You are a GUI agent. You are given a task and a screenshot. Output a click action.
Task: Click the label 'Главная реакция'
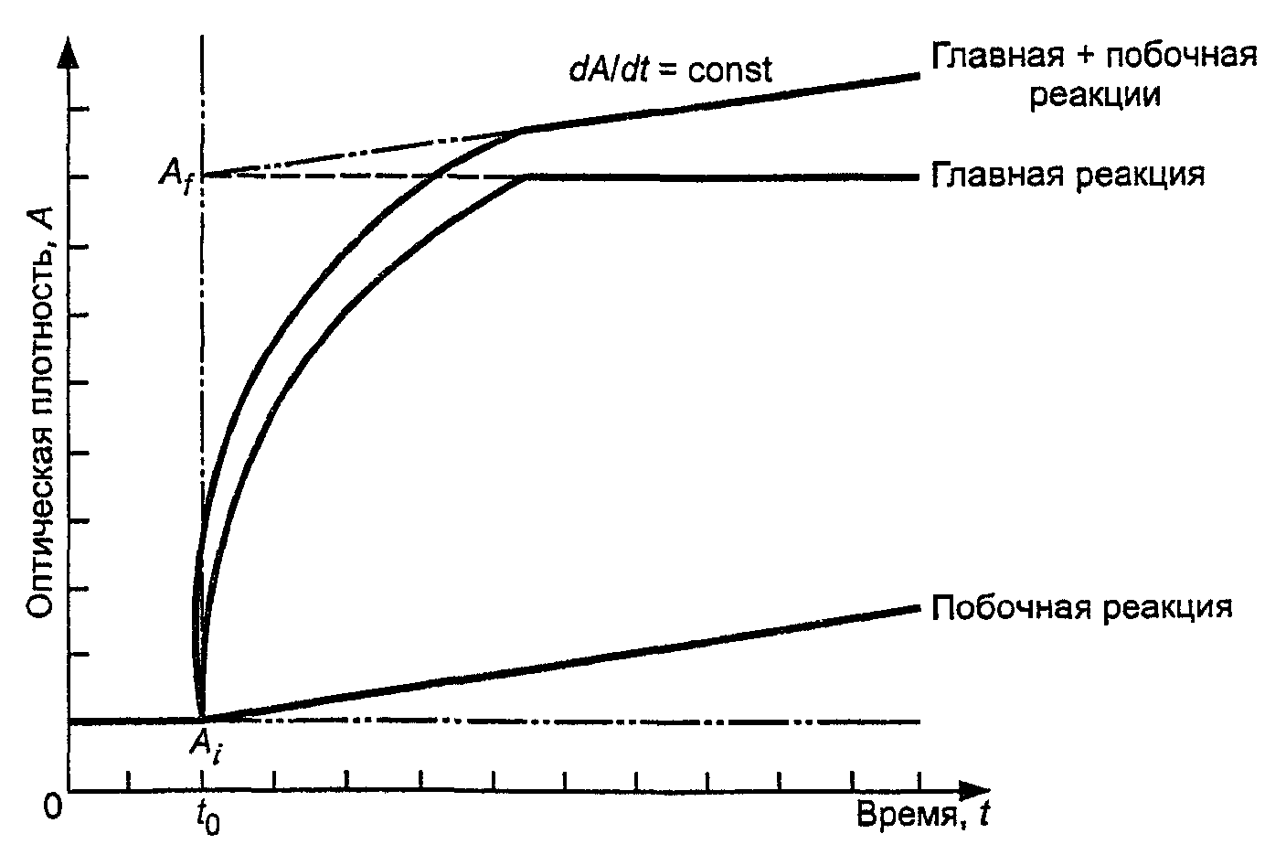tap(1068, 176)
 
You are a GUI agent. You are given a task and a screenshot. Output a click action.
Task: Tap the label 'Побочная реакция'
tap(1081, 607)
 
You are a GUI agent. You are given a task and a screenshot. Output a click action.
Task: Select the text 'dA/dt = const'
tap(670, 70)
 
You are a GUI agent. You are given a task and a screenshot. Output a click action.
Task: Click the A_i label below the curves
tap(205, 748)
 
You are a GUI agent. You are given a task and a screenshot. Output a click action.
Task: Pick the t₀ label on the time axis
tap(207, 818)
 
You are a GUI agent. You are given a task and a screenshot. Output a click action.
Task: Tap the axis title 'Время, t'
tap(923, 815)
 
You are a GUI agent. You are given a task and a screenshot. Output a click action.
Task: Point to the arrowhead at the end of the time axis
tap(974, 791)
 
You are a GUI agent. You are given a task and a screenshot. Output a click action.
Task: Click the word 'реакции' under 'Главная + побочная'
tap(1094, 96)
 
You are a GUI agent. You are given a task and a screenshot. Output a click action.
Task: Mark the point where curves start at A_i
tap(201, 719)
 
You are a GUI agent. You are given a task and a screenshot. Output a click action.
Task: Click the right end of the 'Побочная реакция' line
tap(919, 608)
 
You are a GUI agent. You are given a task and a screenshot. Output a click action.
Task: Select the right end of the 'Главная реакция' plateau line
tap(919, 177)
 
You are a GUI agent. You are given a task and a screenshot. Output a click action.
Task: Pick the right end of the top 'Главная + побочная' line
tap(919, 75)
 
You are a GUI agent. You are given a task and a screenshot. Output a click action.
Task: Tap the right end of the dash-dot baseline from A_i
tap(919, 721)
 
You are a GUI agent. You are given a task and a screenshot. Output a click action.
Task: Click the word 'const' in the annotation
tap(729, 71)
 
